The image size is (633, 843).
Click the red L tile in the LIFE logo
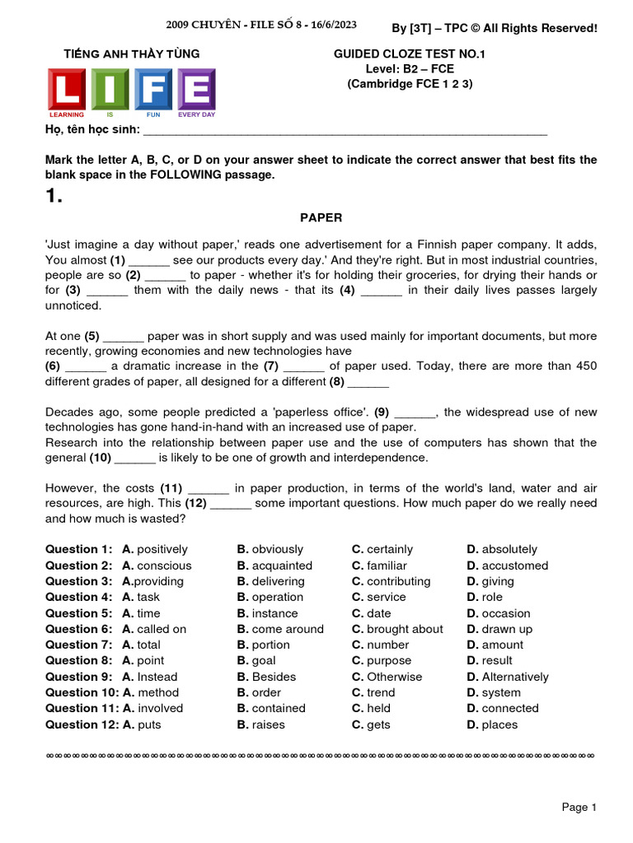pos(68,89)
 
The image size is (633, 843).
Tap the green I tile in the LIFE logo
pos(110,89)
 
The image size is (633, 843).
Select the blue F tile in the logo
pos(154,89)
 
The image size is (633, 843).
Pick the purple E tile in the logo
pos(197,89)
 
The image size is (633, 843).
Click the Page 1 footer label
pos(579,808)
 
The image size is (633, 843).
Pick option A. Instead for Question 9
pos(149,677)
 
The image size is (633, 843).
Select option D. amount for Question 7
pos(495,645)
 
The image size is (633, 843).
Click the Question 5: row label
pos(78,613)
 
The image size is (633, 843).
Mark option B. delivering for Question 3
pos(270,581)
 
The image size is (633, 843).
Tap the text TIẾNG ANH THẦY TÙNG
pos(132,54)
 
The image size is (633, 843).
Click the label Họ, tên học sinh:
pos(92,130)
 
